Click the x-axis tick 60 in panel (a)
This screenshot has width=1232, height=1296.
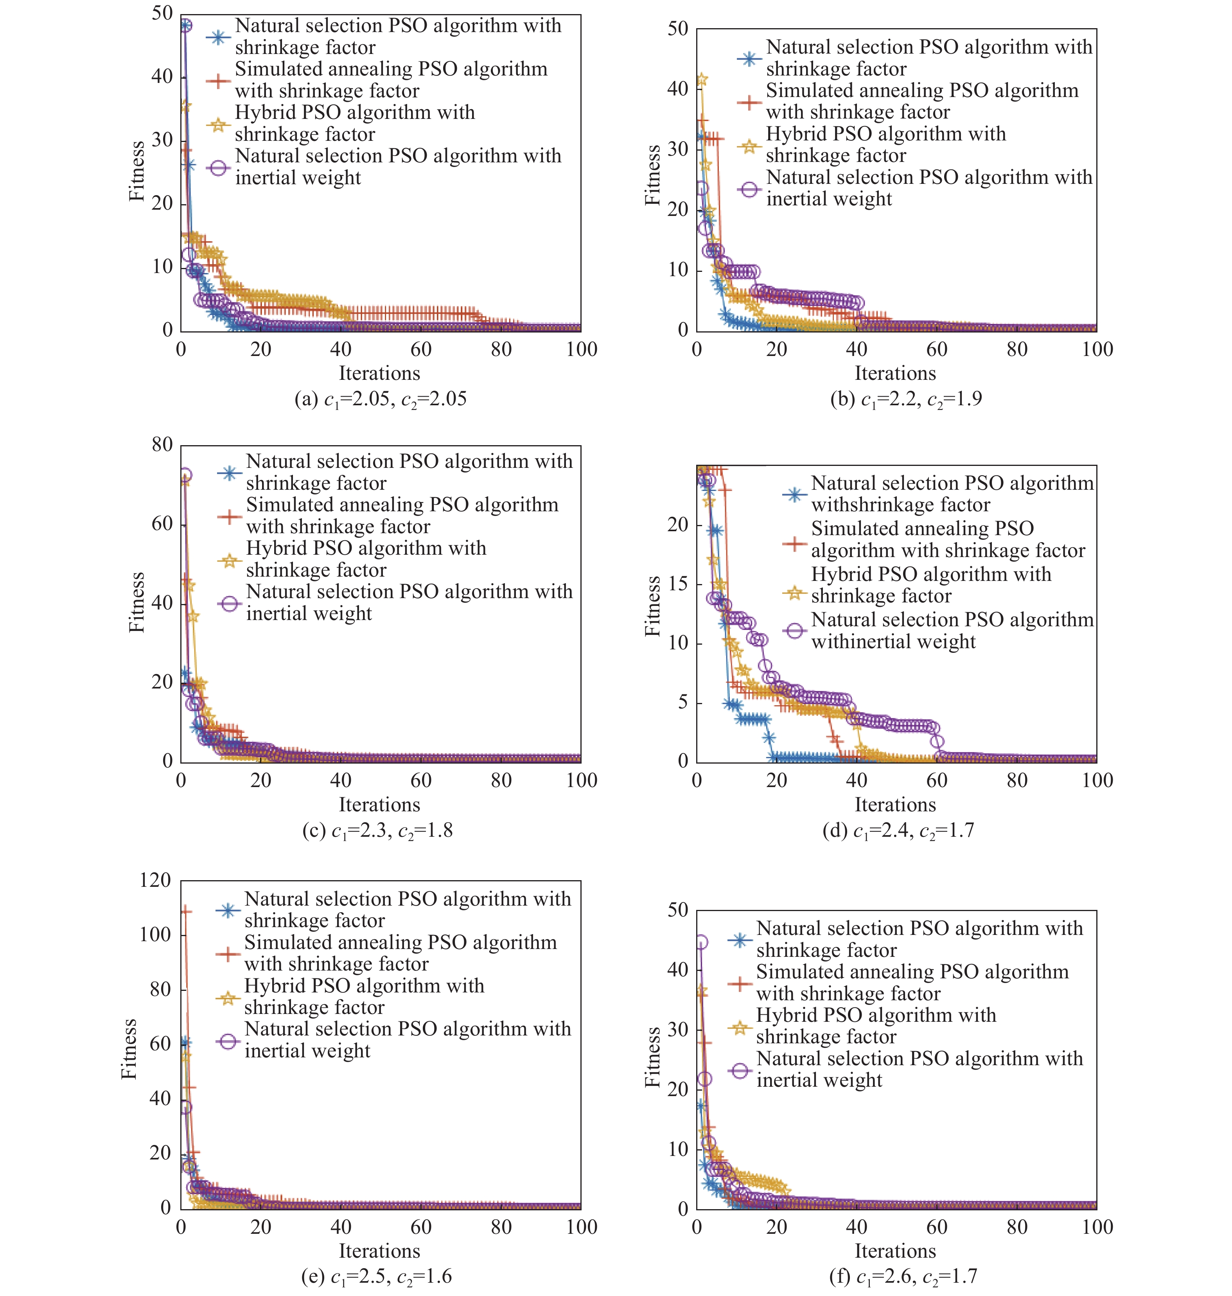point(421,349)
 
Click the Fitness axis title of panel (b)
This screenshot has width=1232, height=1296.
point(652,175)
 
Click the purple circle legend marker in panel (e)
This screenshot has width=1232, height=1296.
point(228,1041)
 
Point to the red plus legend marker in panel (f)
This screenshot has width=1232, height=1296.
point(740,983)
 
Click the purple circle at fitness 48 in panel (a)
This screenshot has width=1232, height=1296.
point(185,25)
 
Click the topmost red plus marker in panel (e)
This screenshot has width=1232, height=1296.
point(186,911)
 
